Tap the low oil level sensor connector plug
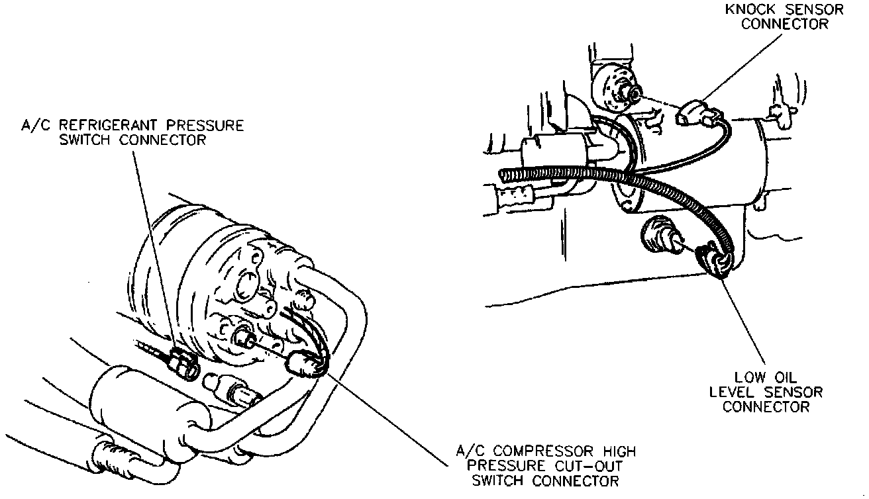pyautogui.click(x=713, y=260)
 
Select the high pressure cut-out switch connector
pyautogui.click(x=301, y=363)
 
